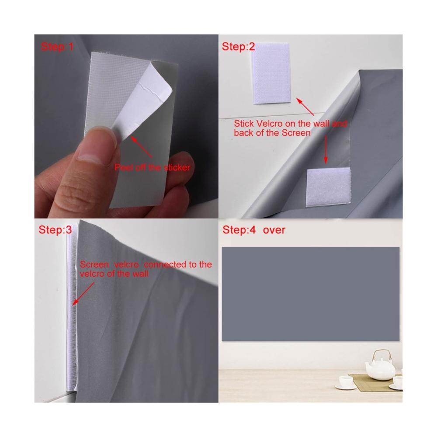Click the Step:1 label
57,47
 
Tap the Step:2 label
238,47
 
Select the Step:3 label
55,230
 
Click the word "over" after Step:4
274,230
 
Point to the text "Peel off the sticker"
152,167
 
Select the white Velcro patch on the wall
271,73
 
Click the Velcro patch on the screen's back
328,187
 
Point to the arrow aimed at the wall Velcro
305,107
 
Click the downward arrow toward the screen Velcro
326,149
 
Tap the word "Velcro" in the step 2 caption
269,124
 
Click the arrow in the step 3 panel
83,294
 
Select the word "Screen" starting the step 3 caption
94,264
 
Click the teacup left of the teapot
346,382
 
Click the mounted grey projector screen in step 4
310,294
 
